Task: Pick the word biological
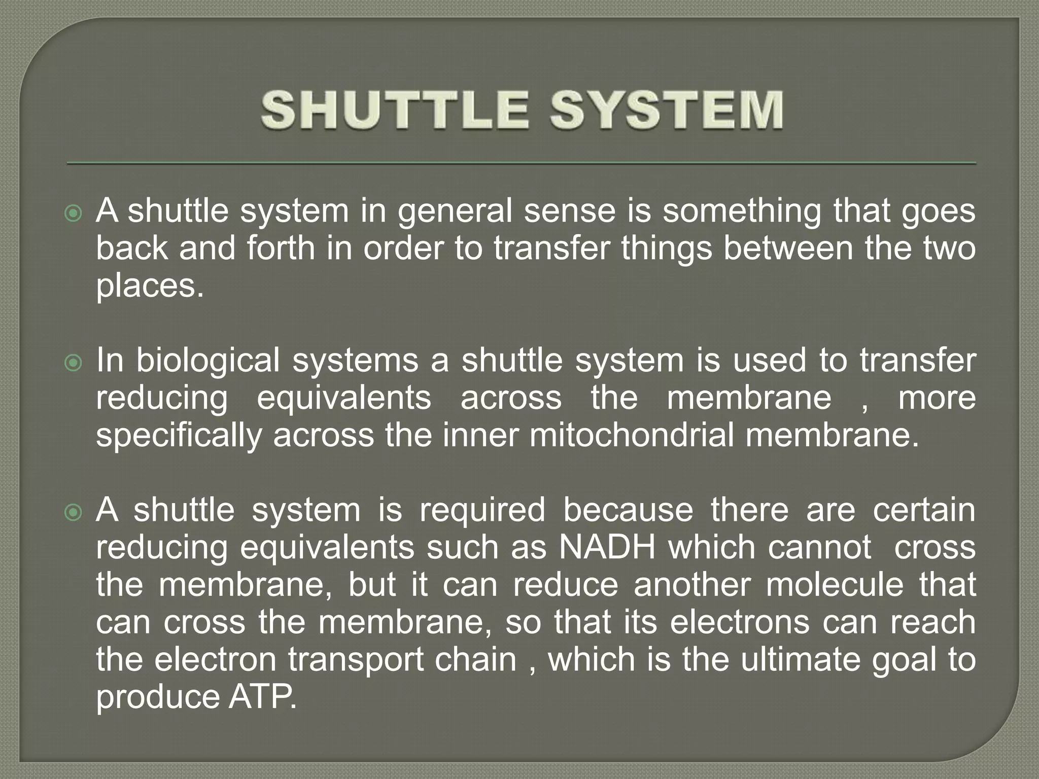pos(207,361)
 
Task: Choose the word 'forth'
pos(281,249)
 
